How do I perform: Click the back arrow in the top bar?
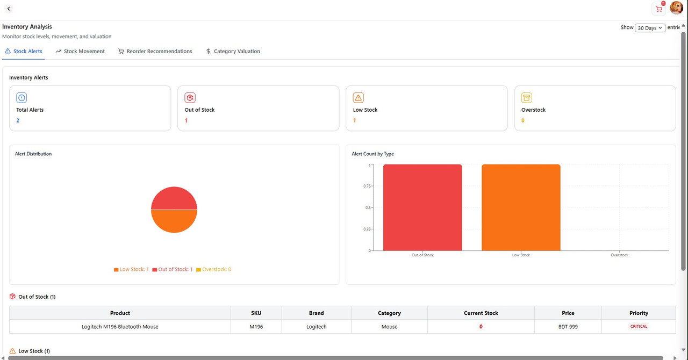9,9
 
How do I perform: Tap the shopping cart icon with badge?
658,9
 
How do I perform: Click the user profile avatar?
676,8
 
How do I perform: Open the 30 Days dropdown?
650,28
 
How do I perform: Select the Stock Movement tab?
80,52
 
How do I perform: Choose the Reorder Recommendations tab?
155,52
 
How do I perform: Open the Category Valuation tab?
233,52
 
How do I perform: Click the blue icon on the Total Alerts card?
21,98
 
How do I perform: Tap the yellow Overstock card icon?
527,98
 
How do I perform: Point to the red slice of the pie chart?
174,198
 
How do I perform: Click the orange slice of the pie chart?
174,221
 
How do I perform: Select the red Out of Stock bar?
422,207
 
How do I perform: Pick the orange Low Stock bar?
521,207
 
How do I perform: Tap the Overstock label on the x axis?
619,255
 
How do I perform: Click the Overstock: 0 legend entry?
214,270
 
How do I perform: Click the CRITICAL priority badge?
639,327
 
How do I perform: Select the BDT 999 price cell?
568,327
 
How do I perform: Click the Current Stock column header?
481,313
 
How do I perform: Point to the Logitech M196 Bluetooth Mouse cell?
120,327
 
